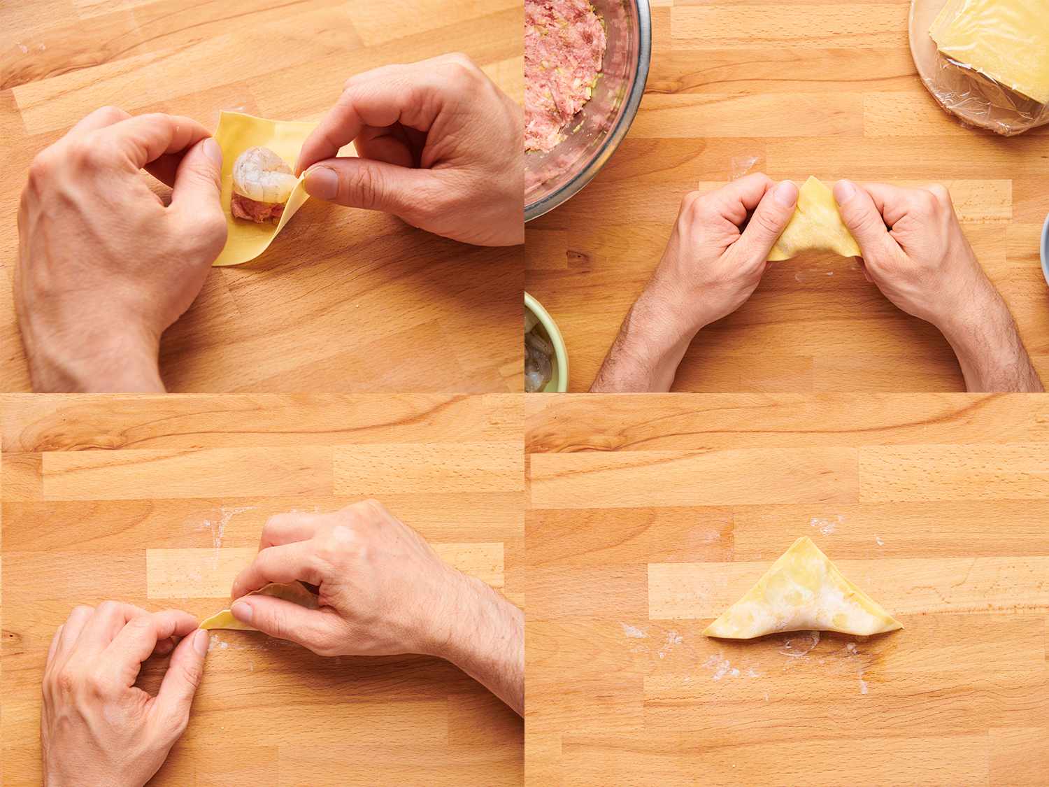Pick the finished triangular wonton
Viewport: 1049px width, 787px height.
(x=801, y=602)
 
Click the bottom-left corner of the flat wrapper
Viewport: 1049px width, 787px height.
(x=217, y=262)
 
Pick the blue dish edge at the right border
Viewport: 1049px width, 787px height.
(x=1045, y=245)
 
